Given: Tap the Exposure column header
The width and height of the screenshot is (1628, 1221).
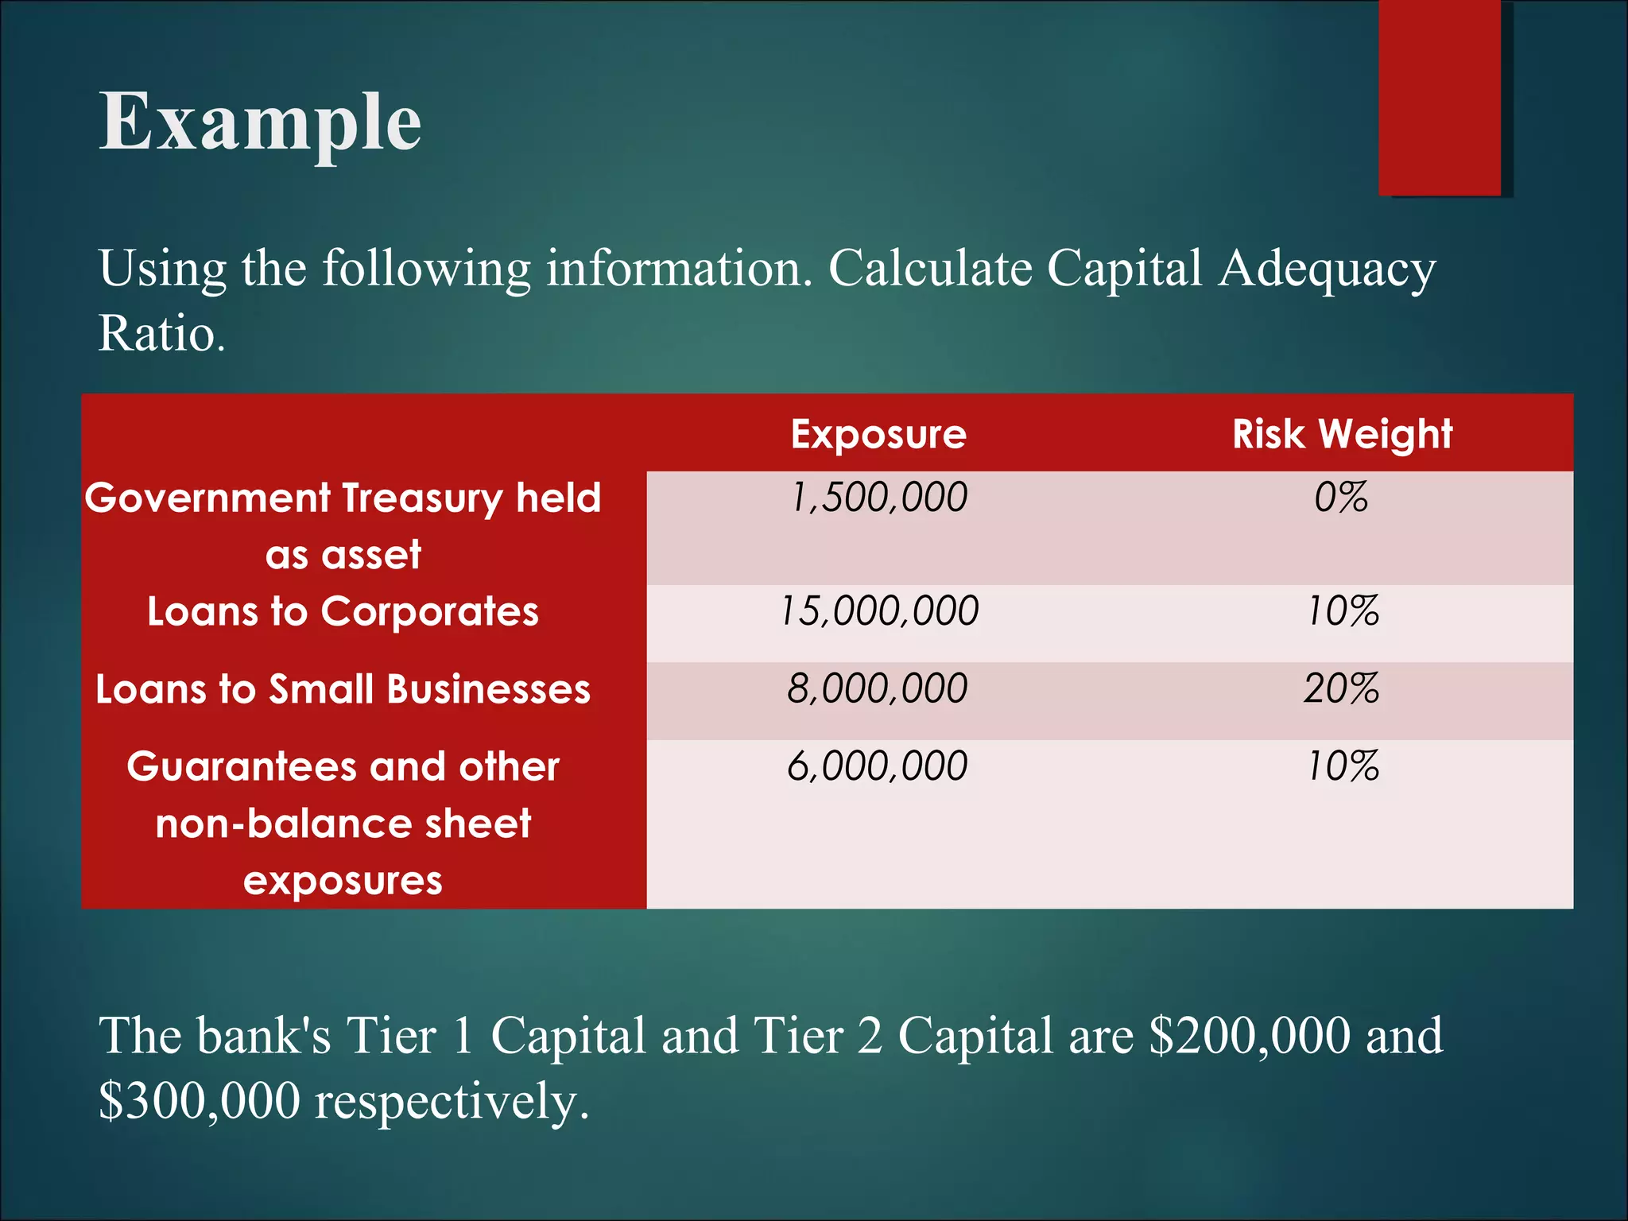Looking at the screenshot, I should tap(878, 434).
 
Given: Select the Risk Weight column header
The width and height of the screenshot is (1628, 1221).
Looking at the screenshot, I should tap(1342, 434).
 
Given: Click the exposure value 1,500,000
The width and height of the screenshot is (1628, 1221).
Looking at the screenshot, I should tap(878, 498).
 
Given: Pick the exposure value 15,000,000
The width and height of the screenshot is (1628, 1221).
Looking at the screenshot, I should tap(878, 611).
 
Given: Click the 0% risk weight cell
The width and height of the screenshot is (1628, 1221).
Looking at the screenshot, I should tap(1341, 498).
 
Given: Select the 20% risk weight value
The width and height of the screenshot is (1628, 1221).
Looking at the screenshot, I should tap(1341, 688).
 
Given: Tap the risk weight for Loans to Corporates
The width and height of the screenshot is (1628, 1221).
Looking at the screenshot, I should tap(1343, 611).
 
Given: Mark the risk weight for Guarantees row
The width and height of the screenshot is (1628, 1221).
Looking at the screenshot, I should tap(1343, 766).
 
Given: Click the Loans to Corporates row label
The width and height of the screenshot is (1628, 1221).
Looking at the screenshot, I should tap(343, 612).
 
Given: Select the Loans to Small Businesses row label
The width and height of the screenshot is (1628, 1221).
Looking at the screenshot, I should tap(343, 689).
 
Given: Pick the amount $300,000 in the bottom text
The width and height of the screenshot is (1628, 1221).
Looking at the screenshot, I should tap(200, 1101).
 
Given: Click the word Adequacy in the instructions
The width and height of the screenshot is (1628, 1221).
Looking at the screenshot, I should tap(1327, 269).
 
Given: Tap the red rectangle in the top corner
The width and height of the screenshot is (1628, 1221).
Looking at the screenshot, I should tap(1439, 97).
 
